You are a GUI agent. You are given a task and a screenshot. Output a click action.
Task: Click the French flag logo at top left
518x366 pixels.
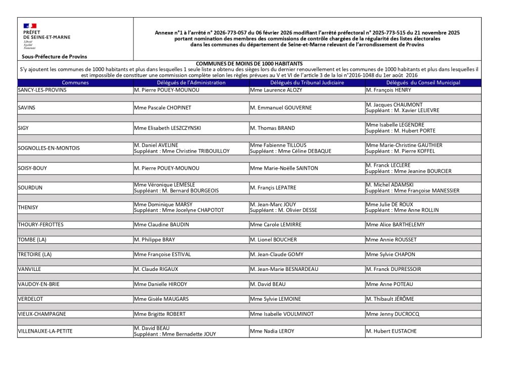click(30, 25)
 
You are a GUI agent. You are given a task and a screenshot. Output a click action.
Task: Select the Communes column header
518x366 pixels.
click(75, 82)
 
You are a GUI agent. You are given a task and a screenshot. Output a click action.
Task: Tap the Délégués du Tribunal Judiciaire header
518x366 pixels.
click(307, 82)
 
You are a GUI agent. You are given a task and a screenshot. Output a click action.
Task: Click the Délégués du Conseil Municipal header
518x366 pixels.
click(423, 82)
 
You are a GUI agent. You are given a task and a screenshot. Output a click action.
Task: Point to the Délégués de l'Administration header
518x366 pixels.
click(191, 82)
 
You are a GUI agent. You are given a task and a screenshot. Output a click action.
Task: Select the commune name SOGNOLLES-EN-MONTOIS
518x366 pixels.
click(49, 148)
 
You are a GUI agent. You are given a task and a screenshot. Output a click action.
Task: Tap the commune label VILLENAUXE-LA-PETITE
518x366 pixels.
click(45, 331)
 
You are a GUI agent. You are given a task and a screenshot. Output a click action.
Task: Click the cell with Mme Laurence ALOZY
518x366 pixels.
click(275, 90)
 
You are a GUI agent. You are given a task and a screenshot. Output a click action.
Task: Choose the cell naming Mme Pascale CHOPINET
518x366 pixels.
click(162, 108)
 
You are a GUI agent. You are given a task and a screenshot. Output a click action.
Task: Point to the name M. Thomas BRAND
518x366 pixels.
click(272, 128)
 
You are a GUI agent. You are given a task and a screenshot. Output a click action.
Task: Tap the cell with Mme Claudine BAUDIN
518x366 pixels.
click(160, 224)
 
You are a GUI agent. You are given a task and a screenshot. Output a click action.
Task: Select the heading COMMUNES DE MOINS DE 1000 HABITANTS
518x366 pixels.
click(249, 63)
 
